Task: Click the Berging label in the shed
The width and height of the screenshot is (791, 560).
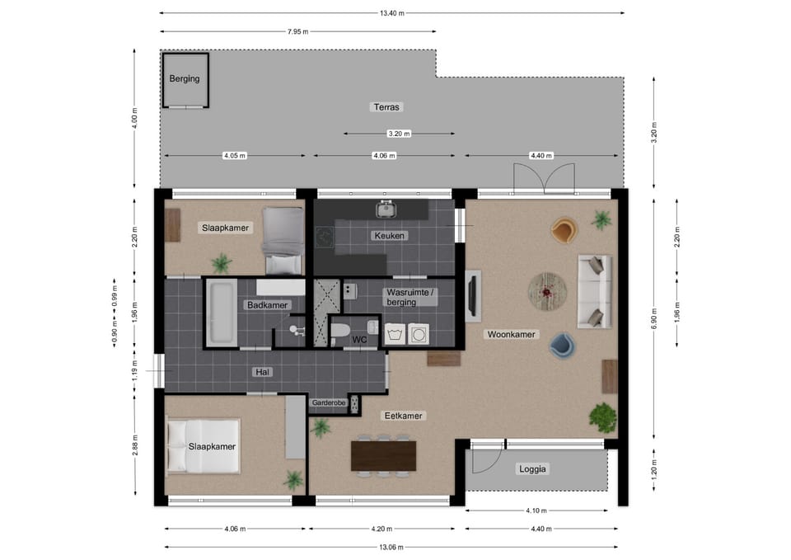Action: point(184,79)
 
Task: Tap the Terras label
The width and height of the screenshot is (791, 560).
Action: point(386,107)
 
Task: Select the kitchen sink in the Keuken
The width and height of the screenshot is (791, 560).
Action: point(386,208)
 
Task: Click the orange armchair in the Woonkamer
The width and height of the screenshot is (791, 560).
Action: point(564,230)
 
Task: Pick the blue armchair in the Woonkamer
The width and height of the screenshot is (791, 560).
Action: point(562,346)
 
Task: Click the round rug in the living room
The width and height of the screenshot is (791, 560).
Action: point(547,292)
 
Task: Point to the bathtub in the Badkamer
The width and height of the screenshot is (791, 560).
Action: point(222,313)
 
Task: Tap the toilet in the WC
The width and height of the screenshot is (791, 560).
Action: point(340,331)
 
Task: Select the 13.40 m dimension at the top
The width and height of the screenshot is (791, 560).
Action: point(392,13)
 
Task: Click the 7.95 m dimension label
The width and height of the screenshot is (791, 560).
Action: point(297,32)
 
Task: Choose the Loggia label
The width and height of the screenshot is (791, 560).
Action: point(533,469)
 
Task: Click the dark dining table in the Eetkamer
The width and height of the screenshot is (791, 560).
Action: point(383,456)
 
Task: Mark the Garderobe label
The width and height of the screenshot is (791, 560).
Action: point(329,403)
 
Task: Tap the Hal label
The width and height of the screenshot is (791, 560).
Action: point(262,372)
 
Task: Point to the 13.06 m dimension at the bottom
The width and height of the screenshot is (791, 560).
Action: point(391,547)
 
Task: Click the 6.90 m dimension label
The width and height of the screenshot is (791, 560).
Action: point(654,318)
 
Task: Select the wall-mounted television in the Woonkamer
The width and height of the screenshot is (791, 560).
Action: point(473,296)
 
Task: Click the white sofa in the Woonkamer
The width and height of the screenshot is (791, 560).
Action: point(595,291)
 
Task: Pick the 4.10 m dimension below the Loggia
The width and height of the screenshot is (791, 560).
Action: point(536,511)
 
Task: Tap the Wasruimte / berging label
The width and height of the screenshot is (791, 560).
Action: point(410,297)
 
